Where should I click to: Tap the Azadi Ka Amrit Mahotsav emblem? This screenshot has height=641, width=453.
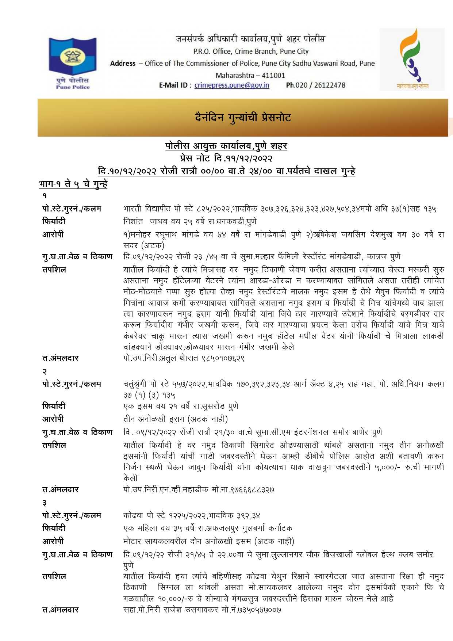pyautogui.click(x=412, y=59)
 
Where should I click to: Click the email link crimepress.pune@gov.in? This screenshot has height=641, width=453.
pyautogui.click(x=232, y=85)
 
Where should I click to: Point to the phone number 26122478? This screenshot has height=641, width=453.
pyautogui.click(x=330, y=85)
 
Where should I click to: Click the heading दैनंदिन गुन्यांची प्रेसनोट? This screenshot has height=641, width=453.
pyautogui.click(x=243, y=118)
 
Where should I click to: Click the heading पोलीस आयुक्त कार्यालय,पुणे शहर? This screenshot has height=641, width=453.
pyautogui.click(x=226, y=146)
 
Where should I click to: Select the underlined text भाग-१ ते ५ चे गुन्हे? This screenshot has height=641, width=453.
pyautogui.click(x=73, y=184)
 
